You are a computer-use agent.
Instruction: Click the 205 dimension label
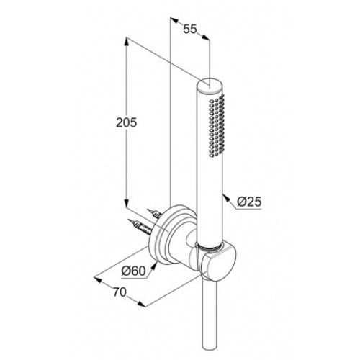[x=126, y=122]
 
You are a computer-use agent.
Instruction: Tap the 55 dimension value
[x=190, y=30]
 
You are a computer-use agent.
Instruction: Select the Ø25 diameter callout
[x=249, y=202]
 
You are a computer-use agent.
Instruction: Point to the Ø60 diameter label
[x=133, y=271]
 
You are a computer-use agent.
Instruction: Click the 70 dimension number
[x=120, y=292]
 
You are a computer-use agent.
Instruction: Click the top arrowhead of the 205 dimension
[x=127, y=42]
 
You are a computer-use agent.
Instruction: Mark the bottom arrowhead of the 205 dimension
[x=127, y=202]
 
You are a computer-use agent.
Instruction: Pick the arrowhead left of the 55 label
[x=174, y=20]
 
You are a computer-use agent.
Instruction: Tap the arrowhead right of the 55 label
[x=205, y=37]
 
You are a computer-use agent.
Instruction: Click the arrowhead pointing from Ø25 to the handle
[x=226, y=198]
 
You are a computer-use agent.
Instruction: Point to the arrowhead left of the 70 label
[x=98, y=279]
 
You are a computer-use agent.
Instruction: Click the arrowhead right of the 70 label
[x=141, y=304]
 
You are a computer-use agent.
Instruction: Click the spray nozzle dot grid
[x=217, y=125]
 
